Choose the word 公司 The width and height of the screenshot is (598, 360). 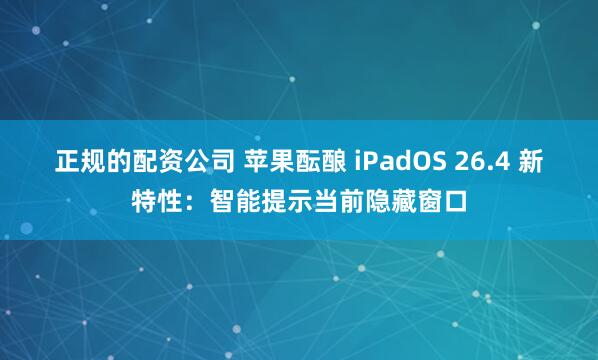194,162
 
